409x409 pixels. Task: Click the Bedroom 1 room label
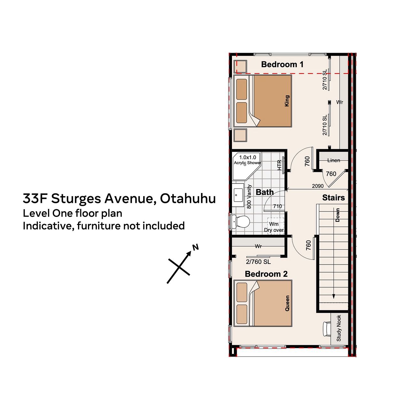click(x=282, y=65)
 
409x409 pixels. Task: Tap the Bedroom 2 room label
click(x=266, y=274)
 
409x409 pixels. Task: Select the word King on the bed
click(x=287, y=101)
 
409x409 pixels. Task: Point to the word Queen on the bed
click(x=287, y=303)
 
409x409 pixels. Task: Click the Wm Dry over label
click(x=274, y=227)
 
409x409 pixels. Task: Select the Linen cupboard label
click(x=334, y=160)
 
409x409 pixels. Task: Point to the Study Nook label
click(x=338, y=328)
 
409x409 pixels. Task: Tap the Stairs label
click(x=334, y=197)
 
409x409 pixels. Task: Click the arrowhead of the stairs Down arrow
click(x=334, y=296)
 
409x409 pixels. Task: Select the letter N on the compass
click(x=196, y=247)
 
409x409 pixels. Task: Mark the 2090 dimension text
click(x=318, y=186)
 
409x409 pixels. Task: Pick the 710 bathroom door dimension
click(x=277, y=206)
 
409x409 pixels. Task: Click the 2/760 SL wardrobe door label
click(x=258, y=262)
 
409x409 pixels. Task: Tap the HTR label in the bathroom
click(x=279, y=165)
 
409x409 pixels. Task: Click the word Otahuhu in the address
click(x=188, y=198)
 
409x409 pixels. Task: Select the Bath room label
click(x=265, y=192)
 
